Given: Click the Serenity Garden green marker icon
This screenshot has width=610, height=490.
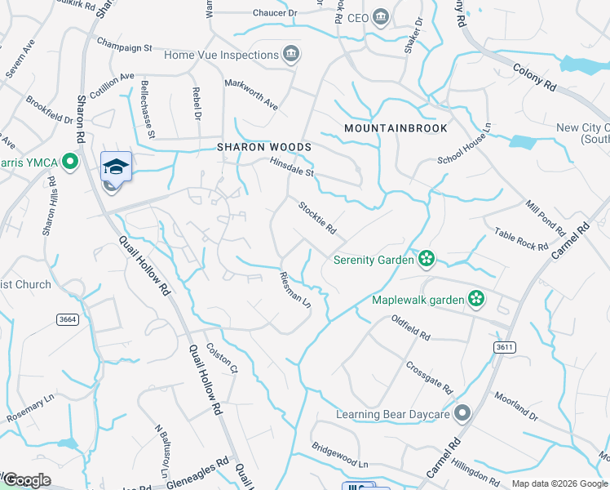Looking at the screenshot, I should [425, 260].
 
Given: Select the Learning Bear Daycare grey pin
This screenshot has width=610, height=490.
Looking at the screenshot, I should [463, 414].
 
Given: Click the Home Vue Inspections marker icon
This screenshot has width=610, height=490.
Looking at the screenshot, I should [290, 55].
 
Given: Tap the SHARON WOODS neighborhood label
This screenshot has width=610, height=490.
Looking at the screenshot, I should [263, 147].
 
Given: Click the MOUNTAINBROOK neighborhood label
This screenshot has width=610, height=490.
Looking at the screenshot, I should [396, 128].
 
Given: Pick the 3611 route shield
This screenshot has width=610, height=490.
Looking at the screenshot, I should [505, 347].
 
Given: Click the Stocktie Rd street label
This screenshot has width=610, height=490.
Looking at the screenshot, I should [316, 216].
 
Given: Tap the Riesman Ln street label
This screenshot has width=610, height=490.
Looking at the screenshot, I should [295, 289].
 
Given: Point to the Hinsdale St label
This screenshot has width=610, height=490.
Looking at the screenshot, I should [293, 167].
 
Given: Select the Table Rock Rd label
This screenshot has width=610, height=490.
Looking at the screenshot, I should [521, 239].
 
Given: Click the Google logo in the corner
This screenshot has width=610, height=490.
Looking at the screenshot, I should [28, 480].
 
